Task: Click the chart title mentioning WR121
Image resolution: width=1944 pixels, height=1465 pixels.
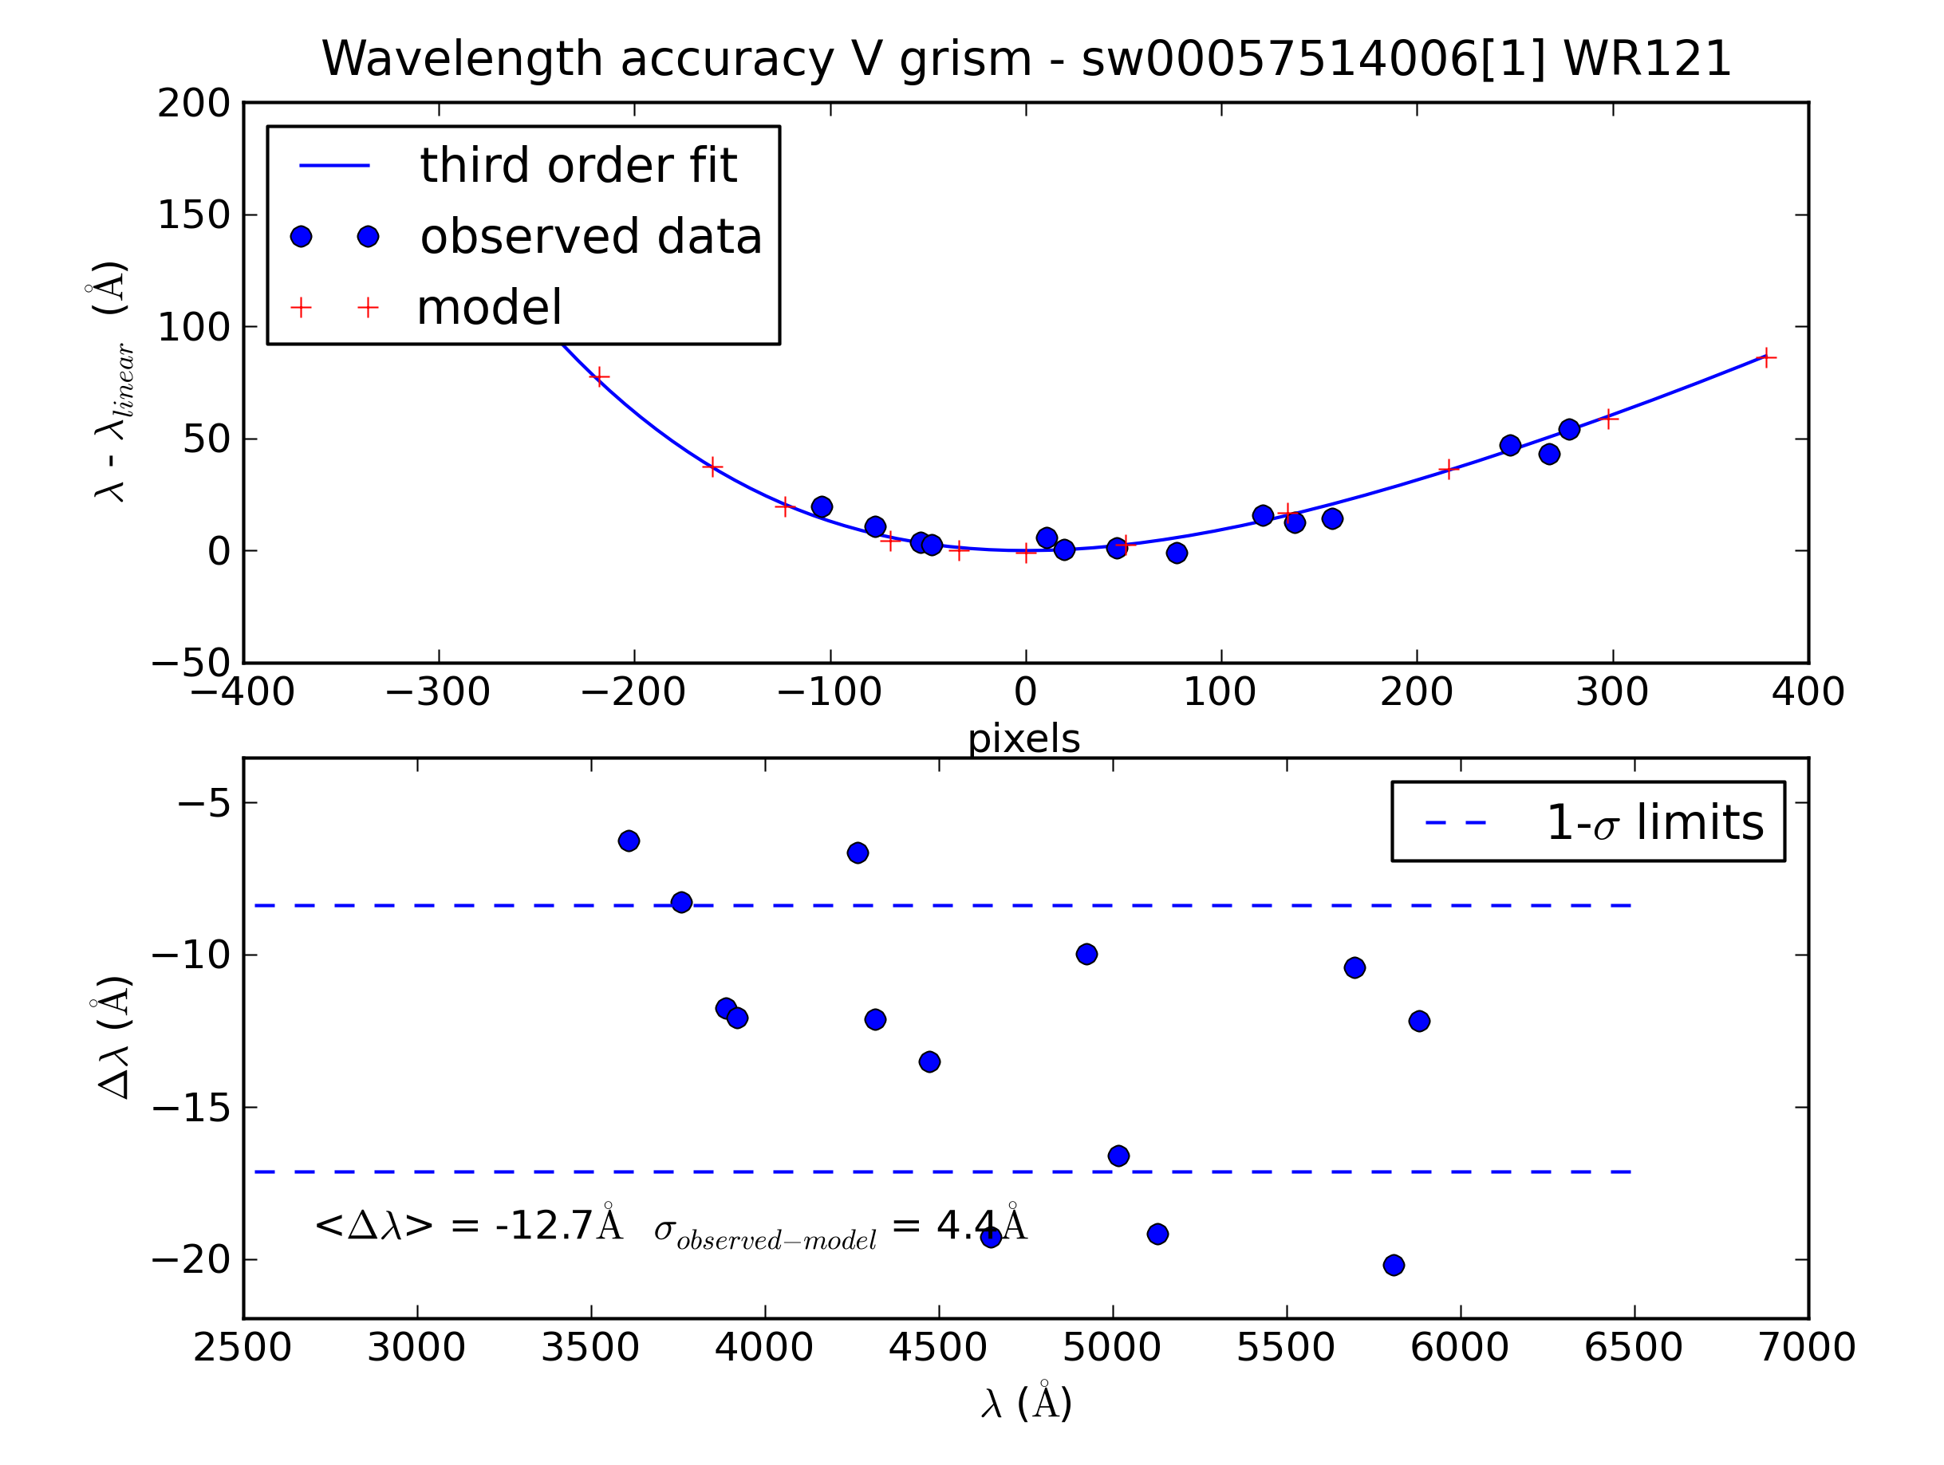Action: point(1026,59)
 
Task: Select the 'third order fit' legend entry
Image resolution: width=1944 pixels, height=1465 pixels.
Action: point(578,165)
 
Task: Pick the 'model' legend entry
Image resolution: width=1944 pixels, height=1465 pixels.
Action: point(489,308)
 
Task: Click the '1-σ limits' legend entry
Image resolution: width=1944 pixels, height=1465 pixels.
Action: point(1653,822)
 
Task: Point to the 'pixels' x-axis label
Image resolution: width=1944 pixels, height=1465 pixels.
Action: point(1024,739)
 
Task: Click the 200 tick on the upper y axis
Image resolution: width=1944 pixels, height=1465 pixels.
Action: point(193,104)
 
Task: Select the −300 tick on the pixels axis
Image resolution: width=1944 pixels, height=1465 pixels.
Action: point(438,692)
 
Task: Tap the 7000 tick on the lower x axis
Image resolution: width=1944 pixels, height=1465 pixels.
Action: point(1807,1347)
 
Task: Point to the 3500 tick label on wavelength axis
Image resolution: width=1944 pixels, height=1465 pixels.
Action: point(590,1347)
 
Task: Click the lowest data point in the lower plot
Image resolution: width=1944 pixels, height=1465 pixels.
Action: point(1393,1266)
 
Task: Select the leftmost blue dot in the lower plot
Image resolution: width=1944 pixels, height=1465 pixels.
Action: point(629,841)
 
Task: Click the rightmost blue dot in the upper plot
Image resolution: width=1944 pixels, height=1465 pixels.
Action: point(1569,430)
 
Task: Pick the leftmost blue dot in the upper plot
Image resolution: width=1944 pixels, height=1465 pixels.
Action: point(822,506)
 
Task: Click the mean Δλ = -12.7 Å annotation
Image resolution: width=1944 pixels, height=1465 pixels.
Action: point(467,1225)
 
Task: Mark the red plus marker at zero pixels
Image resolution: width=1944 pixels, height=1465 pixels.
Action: point(1026,553)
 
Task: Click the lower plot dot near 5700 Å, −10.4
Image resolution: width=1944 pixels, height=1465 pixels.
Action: point(1354,967)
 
